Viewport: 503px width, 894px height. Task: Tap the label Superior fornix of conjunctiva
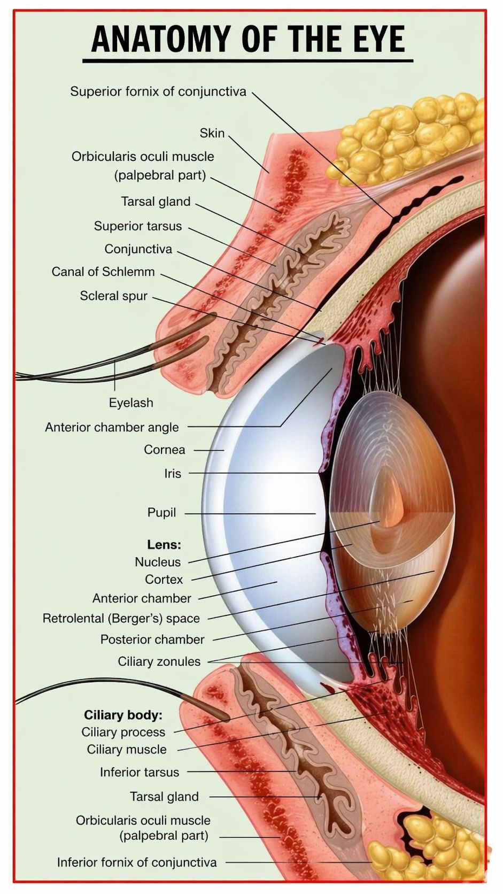pos(158,91)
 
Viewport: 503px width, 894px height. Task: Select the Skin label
pos(212,133)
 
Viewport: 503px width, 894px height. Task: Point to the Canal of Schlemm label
pos(103,272)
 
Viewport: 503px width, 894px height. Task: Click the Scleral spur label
pos(114,296)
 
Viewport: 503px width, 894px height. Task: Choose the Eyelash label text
pos(131,403)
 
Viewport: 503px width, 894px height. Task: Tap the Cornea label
pos(164,450)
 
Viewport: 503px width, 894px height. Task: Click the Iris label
pos(173,473)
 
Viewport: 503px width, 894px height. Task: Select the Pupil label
pos(161,512)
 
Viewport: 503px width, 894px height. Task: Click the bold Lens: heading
pos(164,544)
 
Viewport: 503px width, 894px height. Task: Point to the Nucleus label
pos(158,562)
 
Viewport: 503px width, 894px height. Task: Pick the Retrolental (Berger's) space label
pos(121,618)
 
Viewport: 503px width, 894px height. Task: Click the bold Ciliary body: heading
pos(123,714)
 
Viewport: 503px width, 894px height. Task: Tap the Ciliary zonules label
pos(159,661)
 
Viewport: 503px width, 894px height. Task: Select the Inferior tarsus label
pos(140,772)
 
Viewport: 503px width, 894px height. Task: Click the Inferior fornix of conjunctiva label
pos(137,862)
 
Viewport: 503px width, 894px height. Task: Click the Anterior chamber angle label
pos(112,427)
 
